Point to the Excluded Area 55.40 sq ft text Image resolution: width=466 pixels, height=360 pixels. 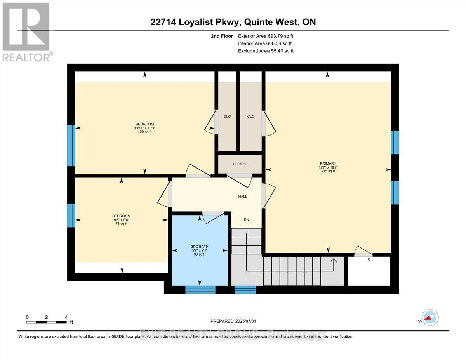point(266,51)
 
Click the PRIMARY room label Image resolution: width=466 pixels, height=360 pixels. point(328,163)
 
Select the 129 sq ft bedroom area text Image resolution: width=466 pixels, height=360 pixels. point(144,132)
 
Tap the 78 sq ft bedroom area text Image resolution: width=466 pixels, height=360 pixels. point(121,224)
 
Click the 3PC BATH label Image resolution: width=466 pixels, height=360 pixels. point(200,246)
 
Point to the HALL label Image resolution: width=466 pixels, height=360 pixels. point(243,197)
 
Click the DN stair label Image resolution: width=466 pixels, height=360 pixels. point(246,220)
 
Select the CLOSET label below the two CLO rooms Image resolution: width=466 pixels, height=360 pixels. point(240,164)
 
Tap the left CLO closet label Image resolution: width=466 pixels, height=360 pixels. point(227,117)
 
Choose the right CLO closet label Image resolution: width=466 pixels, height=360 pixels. point(250,117)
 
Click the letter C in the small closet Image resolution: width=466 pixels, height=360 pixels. point(369,259)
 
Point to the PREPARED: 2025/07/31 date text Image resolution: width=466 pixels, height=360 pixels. point(233,321)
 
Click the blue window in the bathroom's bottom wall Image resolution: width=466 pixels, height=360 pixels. point(200,290)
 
